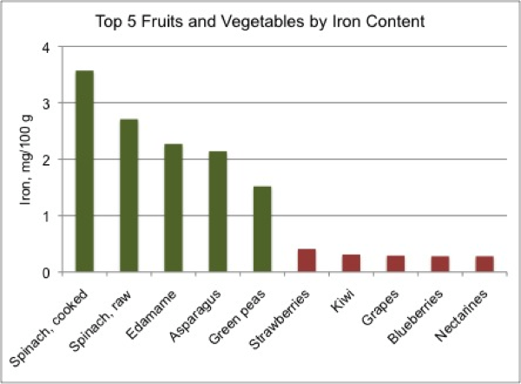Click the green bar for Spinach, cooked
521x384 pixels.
click(x=85, y=171)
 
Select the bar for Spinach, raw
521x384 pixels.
click(x=129, y=195)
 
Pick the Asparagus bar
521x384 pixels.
click(x=218, y=212)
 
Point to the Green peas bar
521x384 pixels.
click(x=262, y=229)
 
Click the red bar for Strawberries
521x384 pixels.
click(x=307, y=261)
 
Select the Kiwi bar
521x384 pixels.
click(x=351, y=263)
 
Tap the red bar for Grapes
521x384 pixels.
click(x=395, y=264)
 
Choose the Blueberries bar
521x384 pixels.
click(x=440, y=264)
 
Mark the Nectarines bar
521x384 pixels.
click(x=485, y=264)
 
